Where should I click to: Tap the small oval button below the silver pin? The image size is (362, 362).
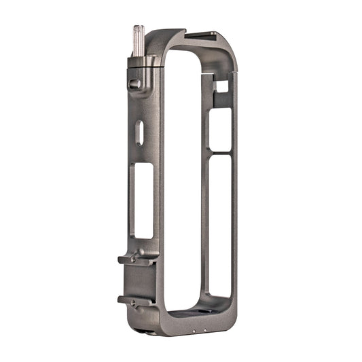click(134, 84)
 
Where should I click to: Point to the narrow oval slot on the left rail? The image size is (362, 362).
click(140, 132)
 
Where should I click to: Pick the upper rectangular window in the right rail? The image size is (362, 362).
click(219, 128)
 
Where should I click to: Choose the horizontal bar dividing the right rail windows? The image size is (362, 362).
click(219, 151)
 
